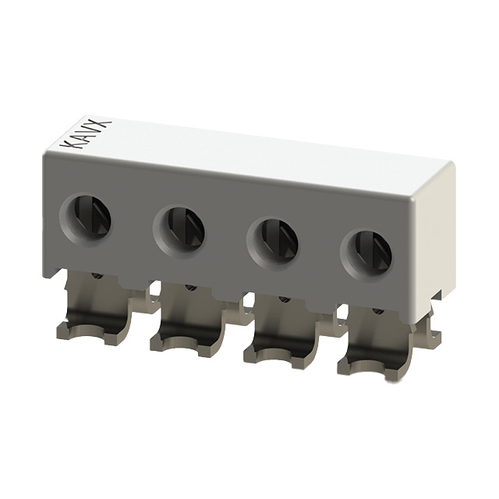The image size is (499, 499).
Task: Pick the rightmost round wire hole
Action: pyautogui.click(x=365, y=249)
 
